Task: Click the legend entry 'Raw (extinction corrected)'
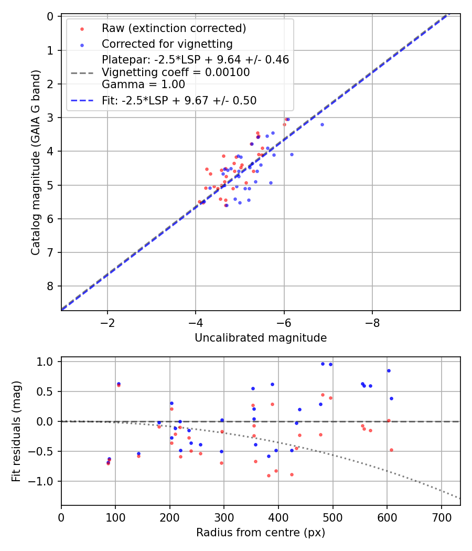[x=174, y=28]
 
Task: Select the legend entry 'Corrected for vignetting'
[x=167, y=43]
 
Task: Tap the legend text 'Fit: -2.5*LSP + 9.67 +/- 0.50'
[x=179, y=100]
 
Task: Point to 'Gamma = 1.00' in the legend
[x=143, y=84]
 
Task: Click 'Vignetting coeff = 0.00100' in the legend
[x=176, y=72]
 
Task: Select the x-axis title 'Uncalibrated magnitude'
[x=261, y=338]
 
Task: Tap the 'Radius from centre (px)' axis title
[x=261, y=533]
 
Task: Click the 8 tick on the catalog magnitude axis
[x=51, y=286]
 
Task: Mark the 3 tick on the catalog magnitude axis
[x=51, y=118]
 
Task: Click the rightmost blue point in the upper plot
[x=322, y=124]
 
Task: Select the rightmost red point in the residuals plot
[x=391, y=450]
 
